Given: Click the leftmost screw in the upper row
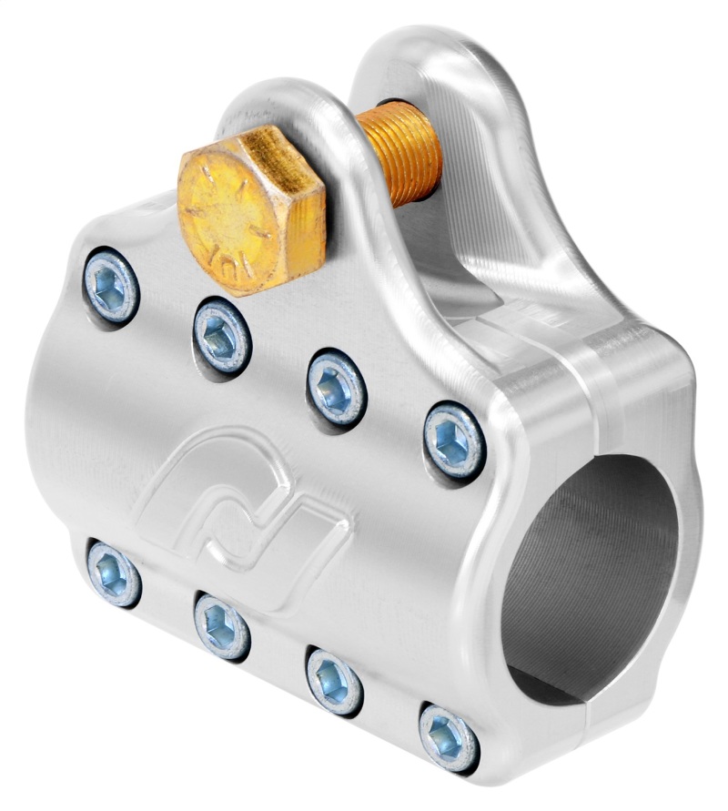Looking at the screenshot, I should (x=111, y=286).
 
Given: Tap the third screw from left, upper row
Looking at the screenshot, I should (x=337, y=386).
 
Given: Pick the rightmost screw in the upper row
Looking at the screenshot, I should (x=454, y=440).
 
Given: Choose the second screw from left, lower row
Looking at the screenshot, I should (x=222, y=624).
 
